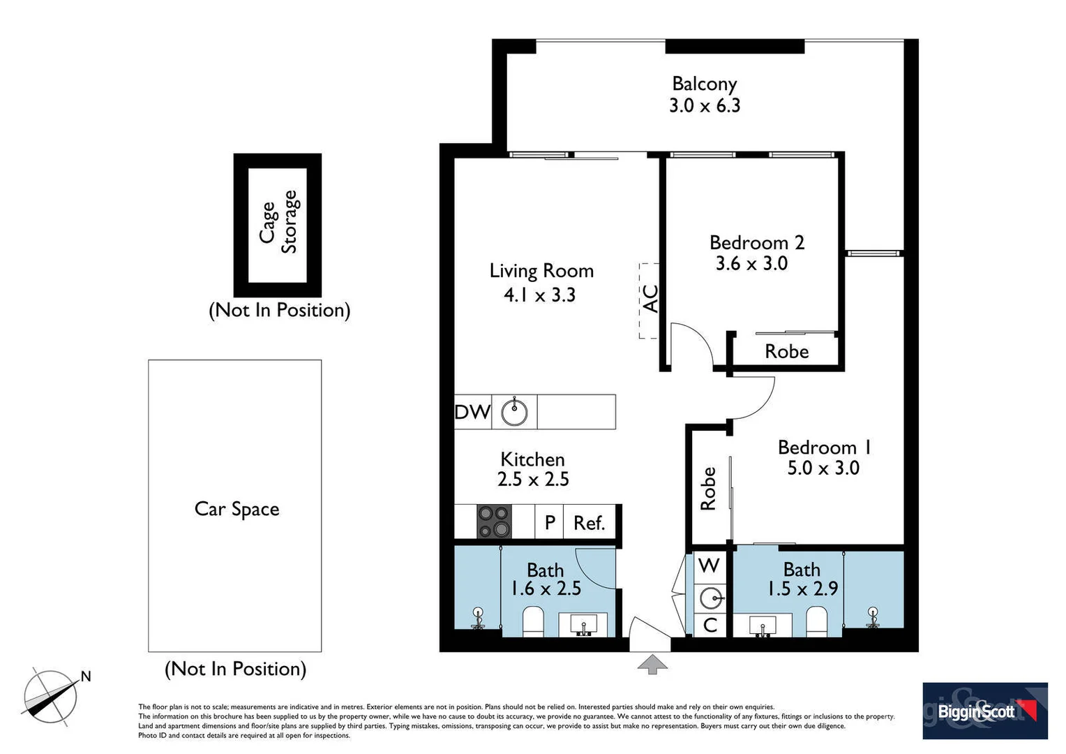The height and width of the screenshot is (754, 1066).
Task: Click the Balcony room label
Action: [x=704, y=84]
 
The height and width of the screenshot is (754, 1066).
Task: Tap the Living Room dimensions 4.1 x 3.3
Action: [x=539, y=295]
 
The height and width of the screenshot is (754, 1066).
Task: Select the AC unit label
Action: [x=650, y=299]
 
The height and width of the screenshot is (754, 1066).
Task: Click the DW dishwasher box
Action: [x=472, y=412]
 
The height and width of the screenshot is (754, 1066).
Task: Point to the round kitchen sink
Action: [x=515, y=412]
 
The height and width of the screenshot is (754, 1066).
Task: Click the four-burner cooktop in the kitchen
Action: [x=494, y=522]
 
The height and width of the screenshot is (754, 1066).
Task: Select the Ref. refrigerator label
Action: [x=589, y=523]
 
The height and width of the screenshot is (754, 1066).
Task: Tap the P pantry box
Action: [x=550, y=522]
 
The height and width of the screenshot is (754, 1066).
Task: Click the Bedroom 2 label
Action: [x=756, y=243]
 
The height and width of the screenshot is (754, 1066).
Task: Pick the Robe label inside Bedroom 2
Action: [x=786, y=351]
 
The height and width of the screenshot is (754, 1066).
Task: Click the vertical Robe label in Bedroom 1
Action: [x=708, y=488]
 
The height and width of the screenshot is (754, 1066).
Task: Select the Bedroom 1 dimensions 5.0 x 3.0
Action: [x=823, y=468]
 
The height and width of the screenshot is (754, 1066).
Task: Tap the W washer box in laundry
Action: [x=709, y=565]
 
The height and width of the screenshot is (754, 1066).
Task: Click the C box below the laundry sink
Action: [x=710, y=625]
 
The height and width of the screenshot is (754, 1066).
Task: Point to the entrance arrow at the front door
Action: [x=652, y=664]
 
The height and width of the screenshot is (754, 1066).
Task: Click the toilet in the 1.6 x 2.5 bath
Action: [x=533, y=621]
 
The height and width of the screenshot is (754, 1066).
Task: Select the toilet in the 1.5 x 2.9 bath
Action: [x=816, y=621]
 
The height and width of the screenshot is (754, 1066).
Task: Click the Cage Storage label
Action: [x=278, y=222]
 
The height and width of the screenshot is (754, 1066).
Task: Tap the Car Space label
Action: [x=237, y=509]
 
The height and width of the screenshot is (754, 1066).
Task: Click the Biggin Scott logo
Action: [x=984, y=711]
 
